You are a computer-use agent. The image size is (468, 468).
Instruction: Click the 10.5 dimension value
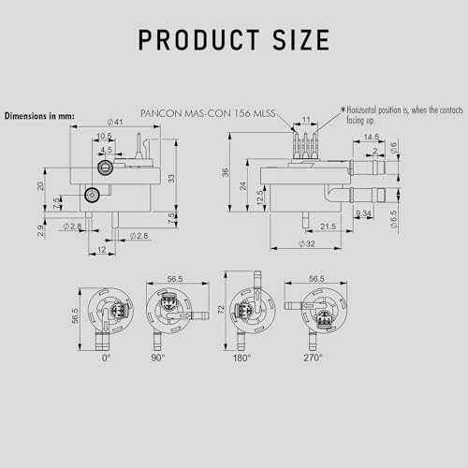tap(105, 136)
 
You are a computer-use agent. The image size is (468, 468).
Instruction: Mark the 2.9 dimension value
tap(40, 229)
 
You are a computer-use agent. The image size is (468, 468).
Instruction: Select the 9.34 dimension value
tap(363, 214)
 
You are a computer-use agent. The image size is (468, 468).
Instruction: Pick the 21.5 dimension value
tap(327, 227)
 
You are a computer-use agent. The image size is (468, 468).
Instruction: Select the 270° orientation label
tap(314, 358)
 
